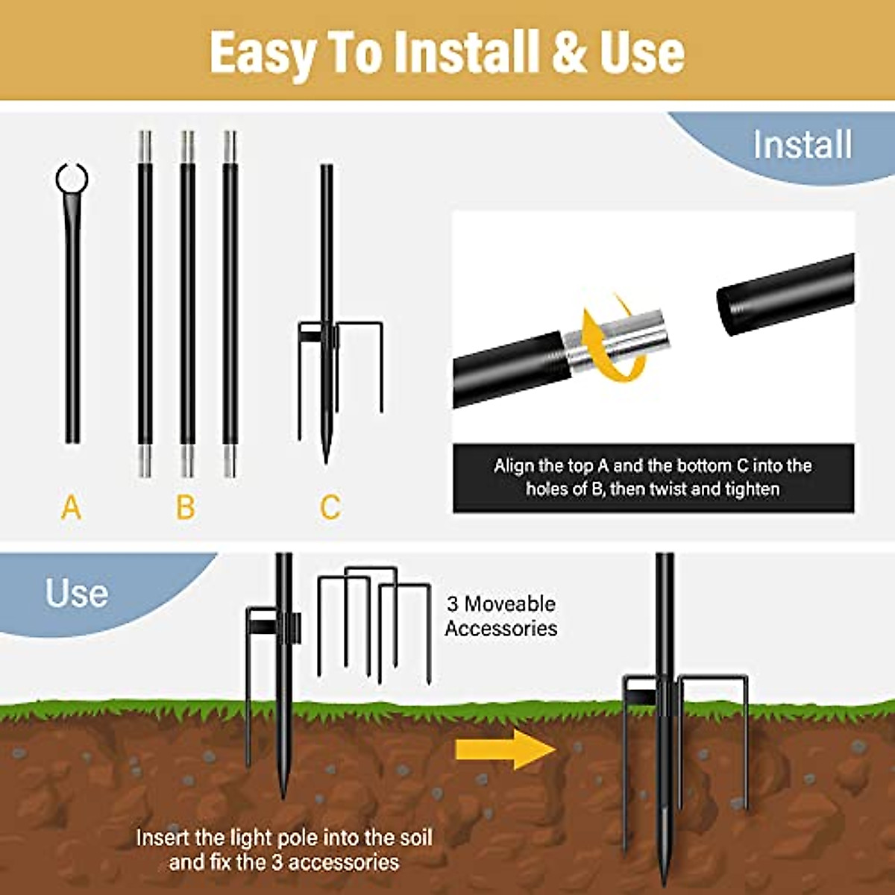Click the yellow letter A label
pyautogui.click(x=71, y=508)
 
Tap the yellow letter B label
pyautogui.click(x=186, y=508)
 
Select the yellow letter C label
pyautogui.click(x=330, y=508)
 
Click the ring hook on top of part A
pyautogui.click(x=72, y=179)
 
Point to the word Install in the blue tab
pyautogui.click(x=802, y=145)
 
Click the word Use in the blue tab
pyautogui.click(x=77, y=594)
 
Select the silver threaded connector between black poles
pyautogui.click(x=615, y=339)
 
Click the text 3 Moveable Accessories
pyautogui.click(x=500, y=616)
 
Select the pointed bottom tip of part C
pyautogui.click(x=326, y=456)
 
